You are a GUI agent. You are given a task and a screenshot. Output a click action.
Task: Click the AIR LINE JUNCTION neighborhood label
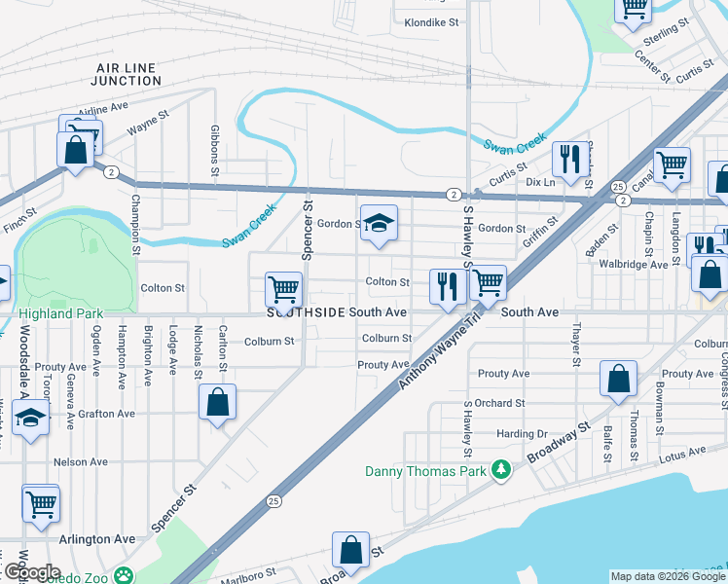click(128, 74)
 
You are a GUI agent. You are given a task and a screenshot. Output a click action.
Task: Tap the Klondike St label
click(431, 22)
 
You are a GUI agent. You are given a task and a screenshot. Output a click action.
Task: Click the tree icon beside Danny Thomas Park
click(500, 471)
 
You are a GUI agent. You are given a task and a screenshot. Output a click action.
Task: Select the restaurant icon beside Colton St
click(447, 287)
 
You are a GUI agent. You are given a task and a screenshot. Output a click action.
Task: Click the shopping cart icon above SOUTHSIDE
click(283, 289)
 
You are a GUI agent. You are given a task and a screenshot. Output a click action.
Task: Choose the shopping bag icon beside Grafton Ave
click(217, 401)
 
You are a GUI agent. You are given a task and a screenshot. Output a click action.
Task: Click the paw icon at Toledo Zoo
click(124, 575)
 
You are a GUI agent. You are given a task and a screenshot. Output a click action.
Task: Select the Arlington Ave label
click(97, 539)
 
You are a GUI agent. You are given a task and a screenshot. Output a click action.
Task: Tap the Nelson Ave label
click(81, 462)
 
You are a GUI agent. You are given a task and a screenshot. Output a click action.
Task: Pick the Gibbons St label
click(214, 151)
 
